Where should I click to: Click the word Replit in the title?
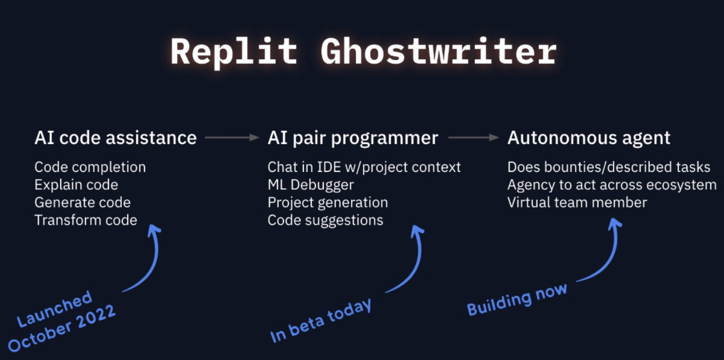(x=233, y=52)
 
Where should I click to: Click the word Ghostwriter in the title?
(x=438, y=52)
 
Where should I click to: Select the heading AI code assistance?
(x=115, y=138)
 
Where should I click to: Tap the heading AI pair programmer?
(x=353, y=138)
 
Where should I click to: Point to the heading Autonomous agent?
(x=589, y=138)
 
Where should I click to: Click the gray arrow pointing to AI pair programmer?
(x=232, y=138)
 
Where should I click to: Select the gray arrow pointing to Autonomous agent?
(x=473, y=138)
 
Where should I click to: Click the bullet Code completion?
(x=90, y=167)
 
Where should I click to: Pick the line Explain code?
(x=76, y=185)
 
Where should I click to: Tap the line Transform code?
(x=86, y=220)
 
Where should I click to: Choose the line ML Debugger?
(x=311, y=185)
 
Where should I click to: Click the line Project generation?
(x=327, y=202)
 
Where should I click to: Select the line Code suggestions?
(x=325, y=220)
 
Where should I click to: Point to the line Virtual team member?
(x=577, y=202)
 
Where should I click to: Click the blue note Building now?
(x=517, y=300)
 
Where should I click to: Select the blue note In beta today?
(x=321, y=320)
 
